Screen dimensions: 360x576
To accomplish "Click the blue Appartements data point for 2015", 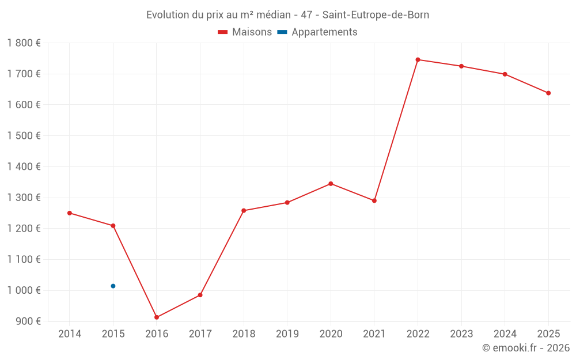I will pyautogui.click(x=113, y=286).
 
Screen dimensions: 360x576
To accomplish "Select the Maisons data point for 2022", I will pyautogui.click(x=418, y=60).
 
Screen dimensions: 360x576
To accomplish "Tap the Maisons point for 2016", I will pyautogui.click(x=157, y=317).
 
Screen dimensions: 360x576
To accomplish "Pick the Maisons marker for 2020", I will pyautogui.click(x=331, y=184).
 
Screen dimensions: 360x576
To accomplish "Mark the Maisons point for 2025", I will pyautogui.click(x=548, y=93).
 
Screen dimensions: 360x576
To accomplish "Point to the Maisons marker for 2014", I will pyautogui.click(x=70, y=213).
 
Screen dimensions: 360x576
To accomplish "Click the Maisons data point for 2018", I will pyautogui.click(x=244, y=211).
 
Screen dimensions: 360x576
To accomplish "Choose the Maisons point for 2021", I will pyautogui.click(x=374, y=201).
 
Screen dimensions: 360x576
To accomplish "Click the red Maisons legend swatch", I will pyautogui.click(x=223, y=32).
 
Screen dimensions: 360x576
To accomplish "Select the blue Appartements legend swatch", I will pyautogui.click(x=282, y=32).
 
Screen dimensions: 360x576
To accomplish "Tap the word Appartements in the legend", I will pyautogui.click(x=324, y=32).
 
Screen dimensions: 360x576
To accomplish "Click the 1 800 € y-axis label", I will pyautogui.click(x=24, y=43).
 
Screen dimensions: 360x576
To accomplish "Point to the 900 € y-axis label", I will pyautogui.click(x=27, y=321).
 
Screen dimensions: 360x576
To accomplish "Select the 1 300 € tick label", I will pyautogui.click(x=24, y=198).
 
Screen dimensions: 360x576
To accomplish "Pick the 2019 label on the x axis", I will pyautogui.click(x=287, y=334).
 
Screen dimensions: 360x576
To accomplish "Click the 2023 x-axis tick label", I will pyautogui.click(x=461, y=334).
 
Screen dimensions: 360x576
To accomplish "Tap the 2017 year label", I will pyautogui.click(x=200, y=334).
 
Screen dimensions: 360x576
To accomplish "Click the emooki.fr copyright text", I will pyautogui.click(x=526, y=348).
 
